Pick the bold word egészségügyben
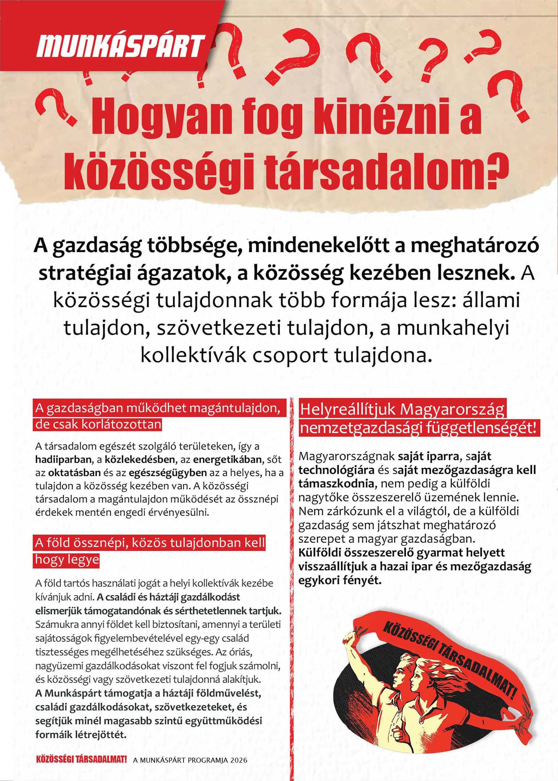[x=168, y=473]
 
